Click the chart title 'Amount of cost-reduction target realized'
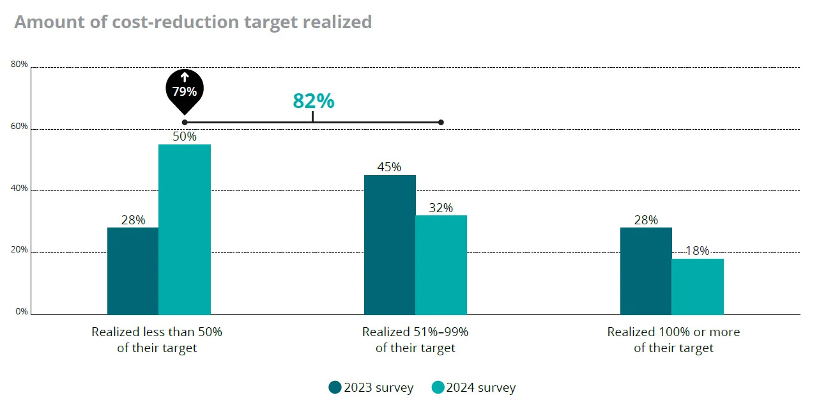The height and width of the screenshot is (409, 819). click(192, 22)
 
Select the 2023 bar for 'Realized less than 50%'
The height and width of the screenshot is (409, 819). click(133, 271)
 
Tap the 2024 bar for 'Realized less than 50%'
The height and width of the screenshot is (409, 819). click(185, 229)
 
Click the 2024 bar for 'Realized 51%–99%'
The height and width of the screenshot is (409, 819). click(441, 265)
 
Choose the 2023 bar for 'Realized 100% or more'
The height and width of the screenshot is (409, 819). click(646, 271)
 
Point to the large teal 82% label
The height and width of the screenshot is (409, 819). click(313, 101)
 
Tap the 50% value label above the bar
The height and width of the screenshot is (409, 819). click(185, 137)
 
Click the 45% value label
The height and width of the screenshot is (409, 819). click(389, 167)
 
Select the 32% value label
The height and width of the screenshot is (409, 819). click(441, 208)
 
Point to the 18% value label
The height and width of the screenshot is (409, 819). click(697, 251)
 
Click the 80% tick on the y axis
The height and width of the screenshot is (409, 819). click(19, 65)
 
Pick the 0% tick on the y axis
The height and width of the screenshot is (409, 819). click(22, 312)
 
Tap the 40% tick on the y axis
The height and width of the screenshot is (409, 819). click(19, 189)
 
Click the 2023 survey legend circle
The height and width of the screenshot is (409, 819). click(335, 387)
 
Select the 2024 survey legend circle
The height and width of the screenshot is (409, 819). click(438, 387)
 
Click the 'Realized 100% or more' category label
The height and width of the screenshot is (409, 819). click(673, 340)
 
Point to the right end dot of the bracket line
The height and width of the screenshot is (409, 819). click(441, 122)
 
